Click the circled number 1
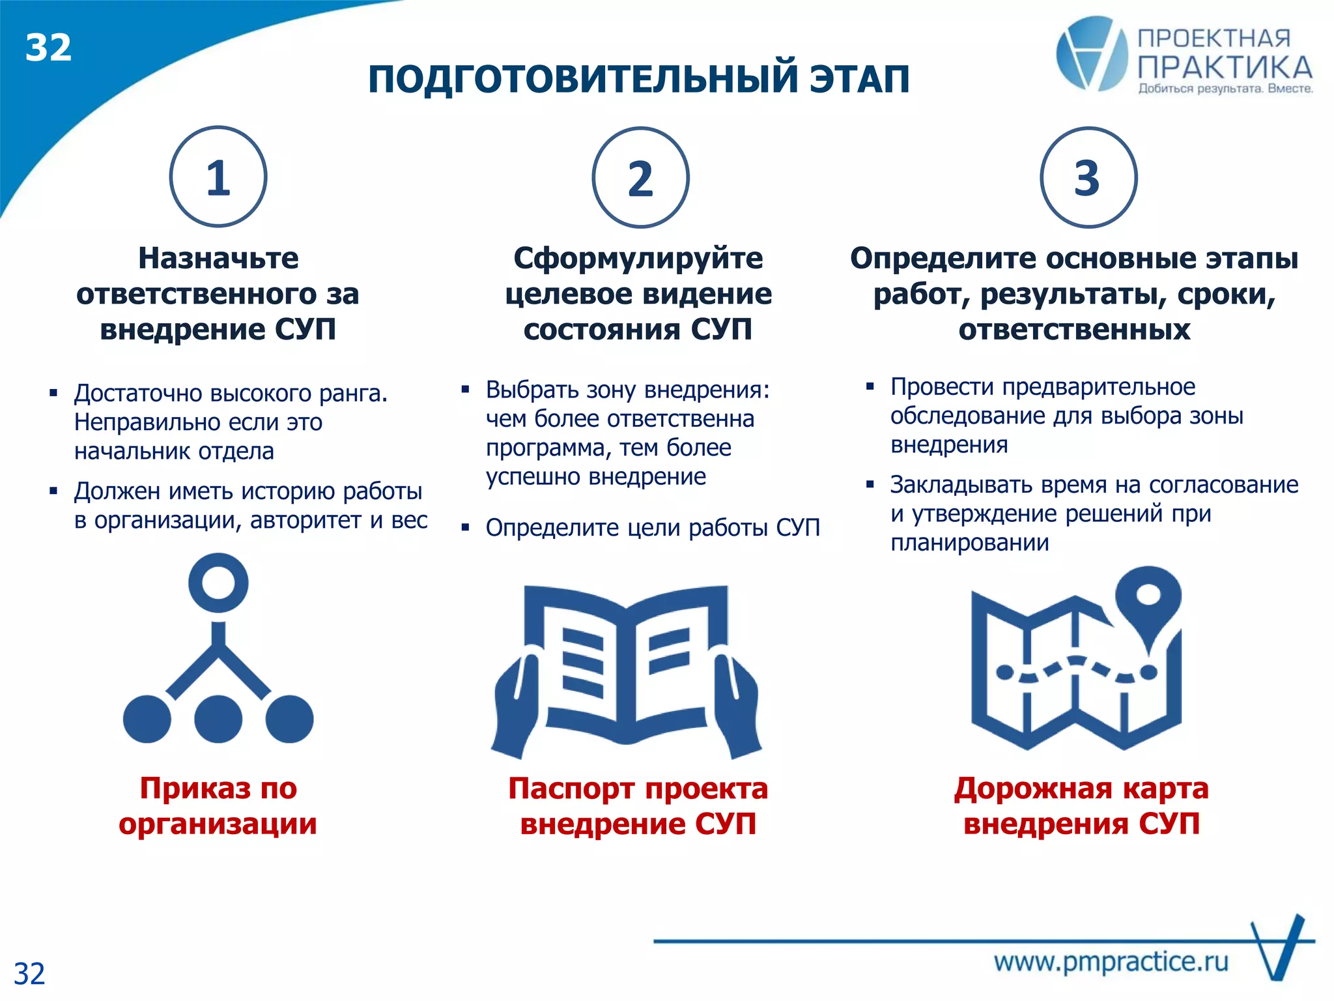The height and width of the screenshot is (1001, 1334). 218,177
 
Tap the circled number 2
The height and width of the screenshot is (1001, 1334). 640,178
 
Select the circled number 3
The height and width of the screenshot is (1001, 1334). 1088,178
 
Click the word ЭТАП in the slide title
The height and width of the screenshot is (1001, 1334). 860,80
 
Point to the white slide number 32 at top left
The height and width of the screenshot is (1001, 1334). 48,48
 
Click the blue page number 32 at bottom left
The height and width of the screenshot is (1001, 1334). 29,974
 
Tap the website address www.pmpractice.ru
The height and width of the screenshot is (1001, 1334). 1111,962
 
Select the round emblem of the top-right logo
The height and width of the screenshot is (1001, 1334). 1091,53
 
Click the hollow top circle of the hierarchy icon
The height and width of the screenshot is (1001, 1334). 218,583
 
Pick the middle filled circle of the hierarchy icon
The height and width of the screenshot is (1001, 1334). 218,719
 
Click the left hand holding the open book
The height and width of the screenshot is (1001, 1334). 518,704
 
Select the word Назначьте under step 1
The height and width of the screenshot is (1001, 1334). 218,259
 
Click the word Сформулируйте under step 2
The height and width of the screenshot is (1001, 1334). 638,259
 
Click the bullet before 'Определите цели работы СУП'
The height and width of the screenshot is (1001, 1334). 465,527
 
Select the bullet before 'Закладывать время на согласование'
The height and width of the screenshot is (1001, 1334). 870,484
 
